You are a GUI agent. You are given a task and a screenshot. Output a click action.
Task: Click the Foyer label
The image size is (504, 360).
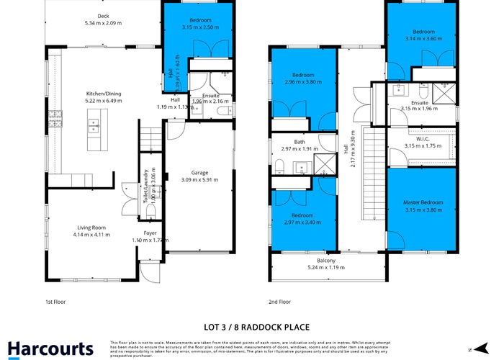pyautogui.click(x=150, y=233)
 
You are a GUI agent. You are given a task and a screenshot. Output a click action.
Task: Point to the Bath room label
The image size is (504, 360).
pyautogui.click(x=299, y=142)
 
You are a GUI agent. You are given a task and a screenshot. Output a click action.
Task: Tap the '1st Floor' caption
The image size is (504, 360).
pyautogui.click(x=55, y=302)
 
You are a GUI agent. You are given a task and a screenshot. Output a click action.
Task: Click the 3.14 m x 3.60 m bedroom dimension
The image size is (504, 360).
pyautogui.click(x=423, y=38)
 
